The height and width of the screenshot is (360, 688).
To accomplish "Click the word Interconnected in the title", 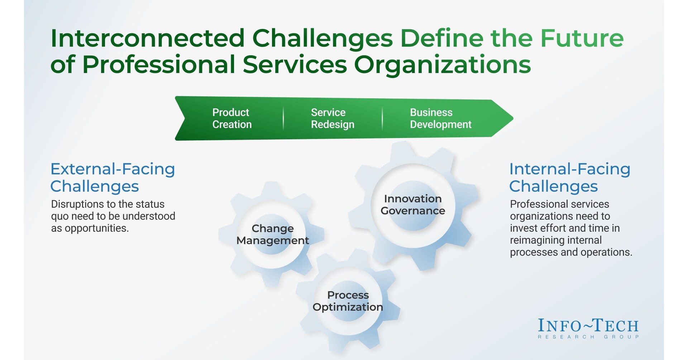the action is pos(148,38).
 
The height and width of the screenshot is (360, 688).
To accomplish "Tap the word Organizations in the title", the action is pos(443,65).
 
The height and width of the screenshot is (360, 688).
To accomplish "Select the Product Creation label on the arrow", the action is pos(232,118).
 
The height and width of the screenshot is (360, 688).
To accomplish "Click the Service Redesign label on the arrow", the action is pos(333,118).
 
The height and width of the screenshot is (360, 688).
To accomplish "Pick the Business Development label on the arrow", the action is pos(441,118).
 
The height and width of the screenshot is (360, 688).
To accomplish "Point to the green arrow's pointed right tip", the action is pos(513,118).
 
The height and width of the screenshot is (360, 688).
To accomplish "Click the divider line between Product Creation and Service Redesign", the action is pos(283,118).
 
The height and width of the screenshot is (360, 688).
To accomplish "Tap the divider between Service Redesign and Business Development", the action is pos(382,118).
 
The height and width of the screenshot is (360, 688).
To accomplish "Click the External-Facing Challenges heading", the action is pos(113,177).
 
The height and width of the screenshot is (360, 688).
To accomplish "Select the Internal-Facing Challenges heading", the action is pos(570,177).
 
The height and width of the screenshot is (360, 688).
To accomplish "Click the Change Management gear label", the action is pos(273,235).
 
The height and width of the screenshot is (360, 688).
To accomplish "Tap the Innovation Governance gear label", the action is pos(413,205).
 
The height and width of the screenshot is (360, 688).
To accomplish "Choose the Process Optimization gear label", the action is pos(348,301).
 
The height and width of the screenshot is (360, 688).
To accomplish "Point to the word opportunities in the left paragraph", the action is pos(96,228).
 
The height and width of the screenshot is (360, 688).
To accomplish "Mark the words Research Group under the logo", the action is pos(588,337).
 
